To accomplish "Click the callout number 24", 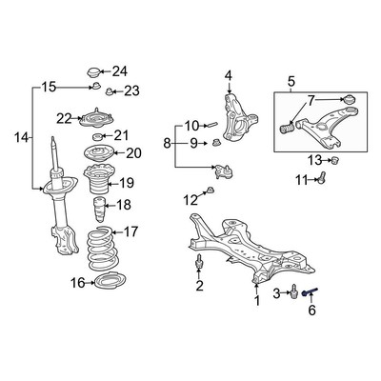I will click(x=119, y=71).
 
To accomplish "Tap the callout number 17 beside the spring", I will click(x=130, y=231).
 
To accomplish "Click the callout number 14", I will click(x=20, y=138).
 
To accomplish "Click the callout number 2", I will click(x=199, y=285).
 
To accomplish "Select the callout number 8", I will click(x=168, y=144).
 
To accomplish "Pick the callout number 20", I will click(x=132, y=153).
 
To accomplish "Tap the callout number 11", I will click(x=301, y=179).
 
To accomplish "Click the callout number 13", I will click(x=315, y=159).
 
